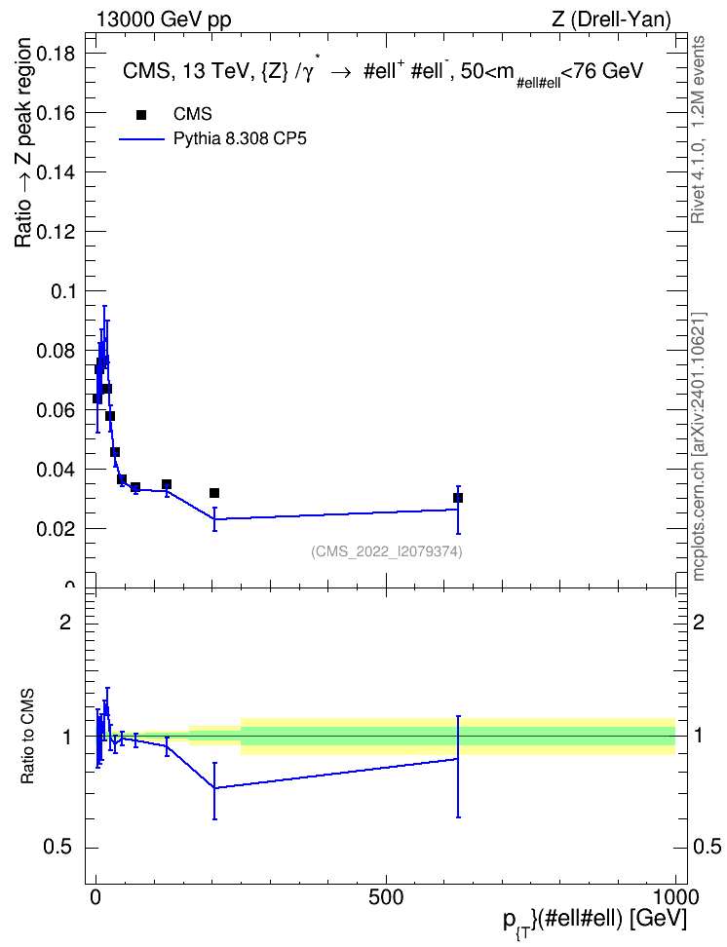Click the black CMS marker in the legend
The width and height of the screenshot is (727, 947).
pos(141,115)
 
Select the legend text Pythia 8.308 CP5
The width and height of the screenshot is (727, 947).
pos(240,139)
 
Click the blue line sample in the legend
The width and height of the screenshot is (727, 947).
pos(142,139)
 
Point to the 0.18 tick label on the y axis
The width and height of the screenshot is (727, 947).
pos(56,54)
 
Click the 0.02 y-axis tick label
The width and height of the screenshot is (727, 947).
pos(56,529)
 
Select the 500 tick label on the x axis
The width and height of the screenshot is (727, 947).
pos(386,897)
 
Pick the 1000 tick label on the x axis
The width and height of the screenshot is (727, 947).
pos(675,897)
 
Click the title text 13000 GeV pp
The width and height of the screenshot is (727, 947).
pos(164,19)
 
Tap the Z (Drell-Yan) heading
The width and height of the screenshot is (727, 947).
pos(611,19)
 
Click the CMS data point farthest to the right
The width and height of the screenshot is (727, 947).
pos(458,498)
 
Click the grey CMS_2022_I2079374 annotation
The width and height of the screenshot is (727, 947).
pos(387,551)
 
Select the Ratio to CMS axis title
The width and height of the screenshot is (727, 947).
pos(28,737)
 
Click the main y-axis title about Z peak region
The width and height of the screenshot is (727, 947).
pos(23,142)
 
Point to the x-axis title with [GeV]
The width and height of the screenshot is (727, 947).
pos(594,921)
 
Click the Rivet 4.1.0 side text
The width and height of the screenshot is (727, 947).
pos(699,130)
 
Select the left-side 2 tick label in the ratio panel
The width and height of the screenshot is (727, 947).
pos(65,622)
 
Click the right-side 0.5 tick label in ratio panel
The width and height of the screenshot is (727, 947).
pos(707,848)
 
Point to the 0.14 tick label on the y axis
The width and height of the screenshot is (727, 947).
pos(56,172)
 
